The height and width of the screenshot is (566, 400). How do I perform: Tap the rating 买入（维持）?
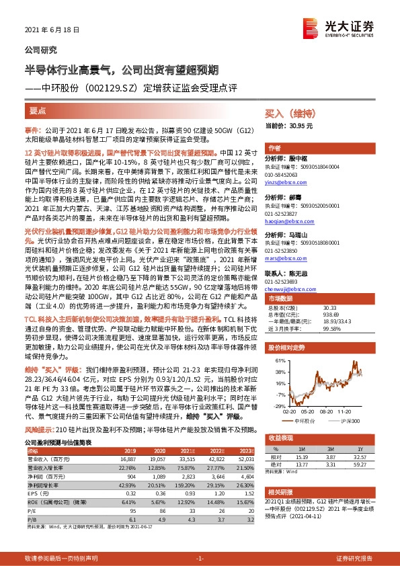click(292, 114)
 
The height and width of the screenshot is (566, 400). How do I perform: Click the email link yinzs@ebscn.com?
click(284, 183)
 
